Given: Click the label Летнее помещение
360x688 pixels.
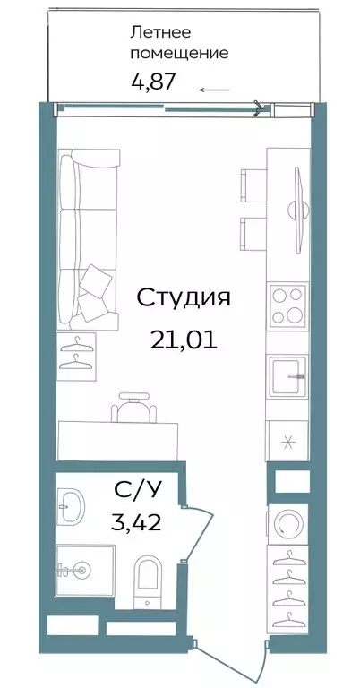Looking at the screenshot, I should pyautogui.click(x=179, y=43).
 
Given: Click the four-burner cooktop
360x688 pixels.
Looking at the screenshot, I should pyautogui.click(x=287, y=306).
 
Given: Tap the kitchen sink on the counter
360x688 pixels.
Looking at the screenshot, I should pyautogui.click(x=287, y=375).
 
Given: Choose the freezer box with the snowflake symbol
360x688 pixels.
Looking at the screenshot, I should pyautogui.click(x=287, y=438).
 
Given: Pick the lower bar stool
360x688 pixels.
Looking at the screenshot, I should pyautogui.click(x=251, y=233).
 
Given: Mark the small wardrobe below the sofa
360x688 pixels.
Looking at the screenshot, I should pyautogui.click(x=80, y=352).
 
